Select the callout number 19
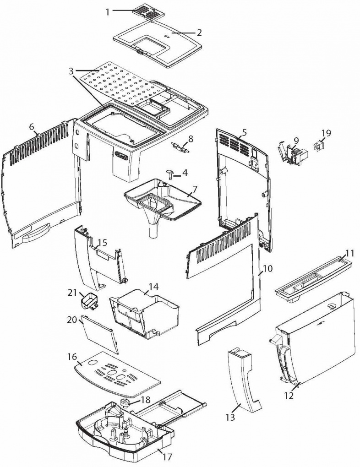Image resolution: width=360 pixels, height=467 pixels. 326,132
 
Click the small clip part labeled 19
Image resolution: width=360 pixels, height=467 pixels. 318,146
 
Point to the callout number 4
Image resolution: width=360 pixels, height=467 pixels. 185,173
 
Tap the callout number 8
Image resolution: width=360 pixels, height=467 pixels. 191,138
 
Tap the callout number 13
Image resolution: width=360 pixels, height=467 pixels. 230,417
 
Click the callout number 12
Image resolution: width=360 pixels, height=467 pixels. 289,395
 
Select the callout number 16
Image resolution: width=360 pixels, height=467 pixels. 72,357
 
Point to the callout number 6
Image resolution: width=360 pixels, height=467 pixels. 32,126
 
